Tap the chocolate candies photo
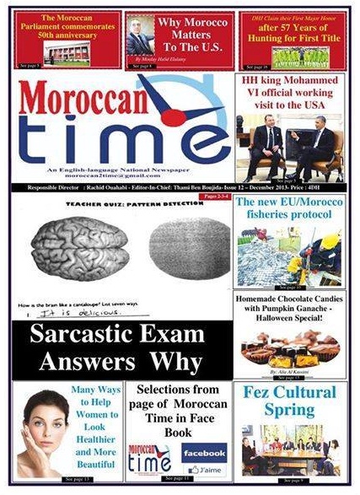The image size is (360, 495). (289, 346)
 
